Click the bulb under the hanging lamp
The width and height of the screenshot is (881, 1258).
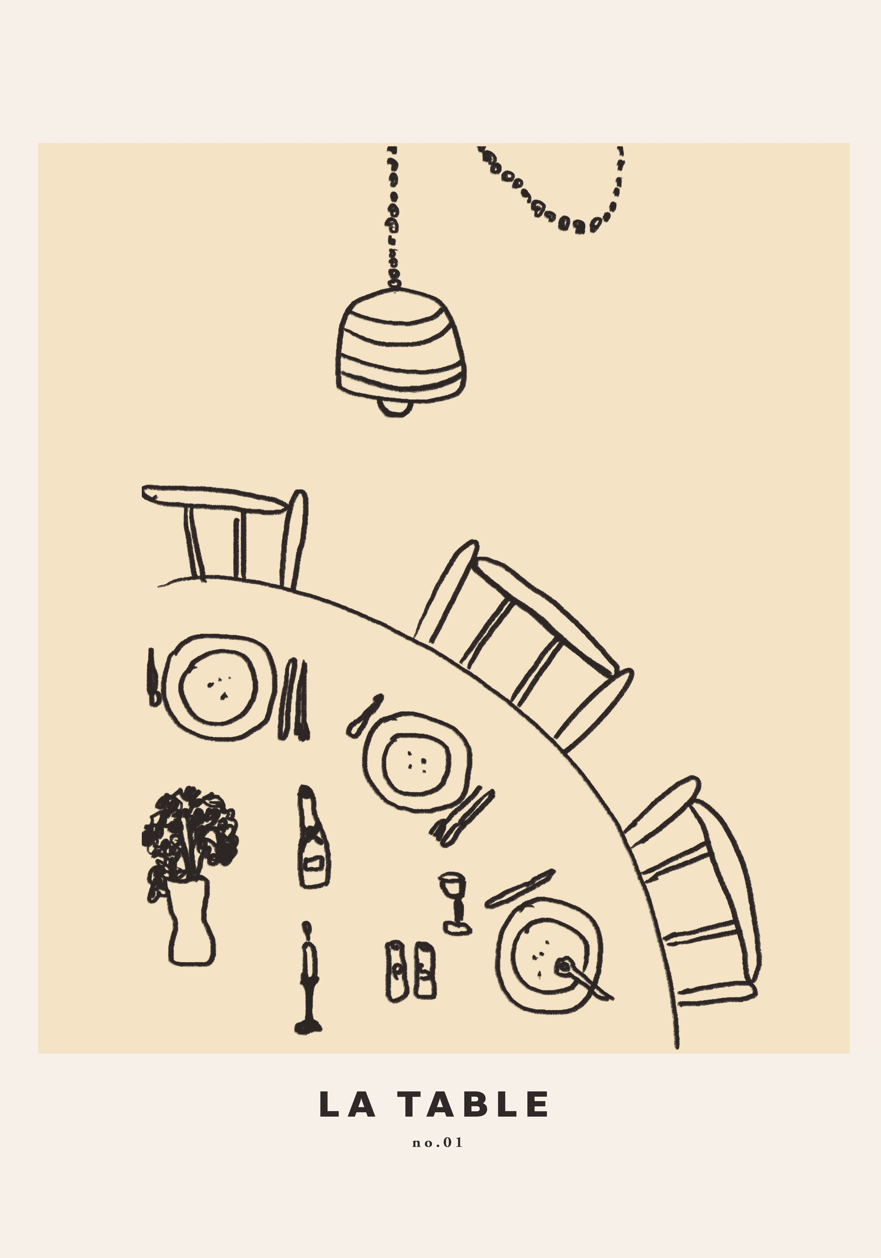tap(396, 408)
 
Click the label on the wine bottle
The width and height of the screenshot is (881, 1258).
tap(314, 864)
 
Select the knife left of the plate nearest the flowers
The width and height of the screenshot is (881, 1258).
tap(153, 677)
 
